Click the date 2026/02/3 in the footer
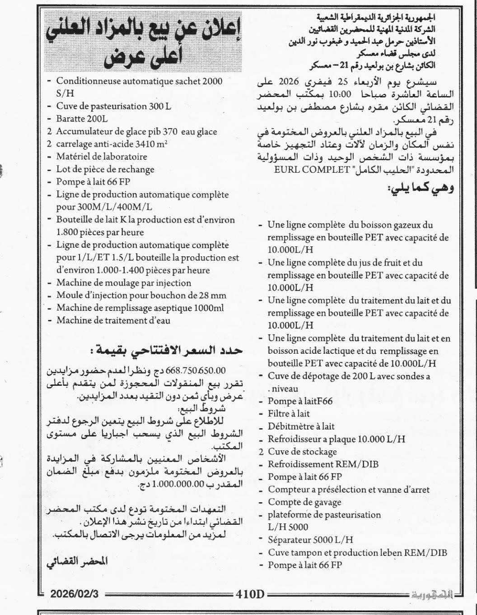pyautogui.click(x=74, y=594)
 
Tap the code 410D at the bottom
pyautogui.click(x=250, y=594)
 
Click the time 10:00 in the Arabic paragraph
pyautogui.click(x=343, y=95)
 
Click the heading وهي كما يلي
pyautogui.click(x=421, y=188)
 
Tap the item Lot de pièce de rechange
pyautogui.click(x=105, y=169)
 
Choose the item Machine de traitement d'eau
pyautogui.click(x=113, y=320)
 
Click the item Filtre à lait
pyautogui.click(x=289, y=413)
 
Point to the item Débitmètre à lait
pyautogui.click(x=301, y=426)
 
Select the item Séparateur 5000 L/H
pyautogui.click(x=310, y=540)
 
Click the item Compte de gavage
pyautogui.click(x=304, y=502)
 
